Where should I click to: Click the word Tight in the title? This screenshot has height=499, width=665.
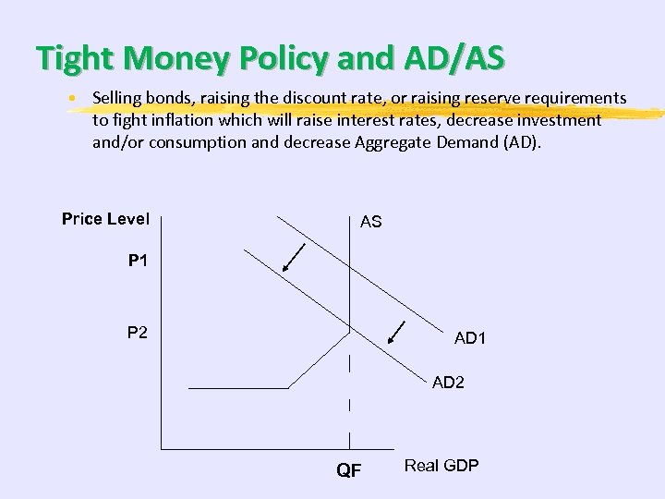[75, 57]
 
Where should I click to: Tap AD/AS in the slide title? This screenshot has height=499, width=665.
[452, 57]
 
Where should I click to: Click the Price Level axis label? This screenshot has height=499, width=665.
[105, 219]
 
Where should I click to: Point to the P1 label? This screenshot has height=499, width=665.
[138, 262]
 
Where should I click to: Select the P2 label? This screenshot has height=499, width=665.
[138, 332]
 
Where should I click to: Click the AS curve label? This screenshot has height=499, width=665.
[370, 222]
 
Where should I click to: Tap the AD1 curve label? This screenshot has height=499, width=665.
[470, 338]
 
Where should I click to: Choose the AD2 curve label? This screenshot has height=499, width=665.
[448, 383]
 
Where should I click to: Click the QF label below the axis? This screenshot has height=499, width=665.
[348, 471]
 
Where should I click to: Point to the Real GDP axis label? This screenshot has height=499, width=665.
[441, 466]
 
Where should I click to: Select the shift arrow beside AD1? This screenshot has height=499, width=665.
[398, 332]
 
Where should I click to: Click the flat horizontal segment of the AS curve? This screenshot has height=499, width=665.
[238, 388]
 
